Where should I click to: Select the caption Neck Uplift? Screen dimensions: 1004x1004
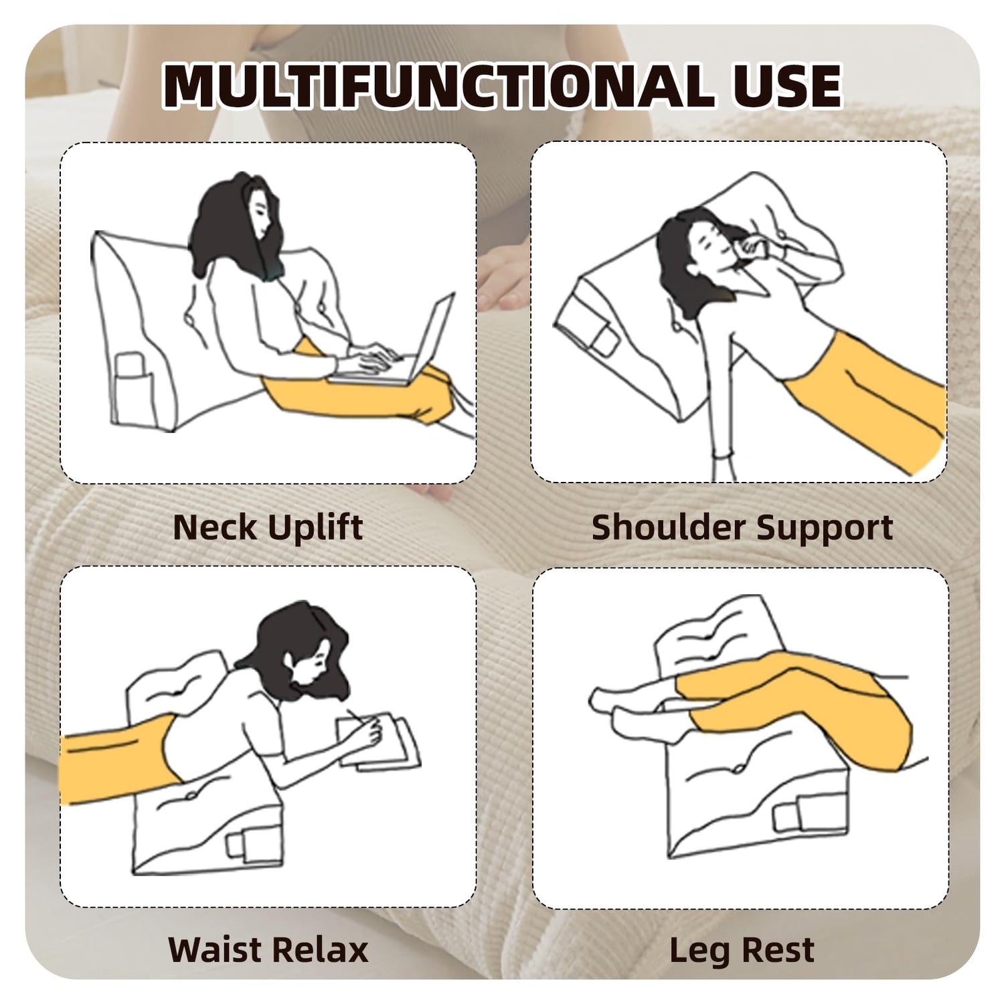coord(268,528)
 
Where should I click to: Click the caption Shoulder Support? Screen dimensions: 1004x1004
coord(742,528)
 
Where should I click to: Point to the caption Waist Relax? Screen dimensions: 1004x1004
coord(268,950)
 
